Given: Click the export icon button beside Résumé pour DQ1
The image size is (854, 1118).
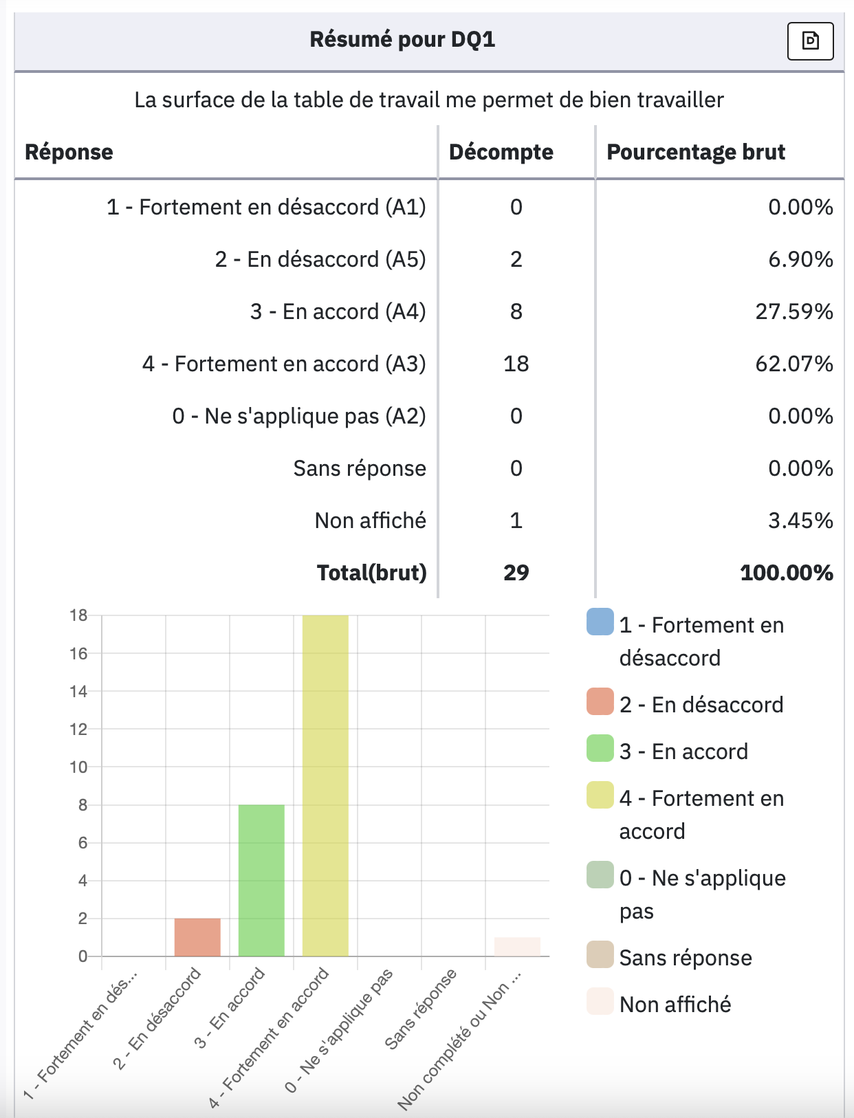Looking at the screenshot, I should coord(810,41).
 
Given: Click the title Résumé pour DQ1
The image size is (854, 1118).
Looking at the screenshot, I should coord(402,39).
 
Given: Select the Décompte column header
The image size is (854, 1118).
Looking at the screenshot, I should coord(501,152).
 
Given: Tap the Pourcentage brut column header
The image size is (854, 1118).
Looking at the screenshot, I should coord(695,152).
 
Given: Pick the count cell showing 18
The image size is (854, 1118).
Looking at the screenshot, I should coord(516,364).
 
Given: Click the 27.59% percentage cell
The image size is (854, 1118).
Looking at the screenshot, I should coord(794,311).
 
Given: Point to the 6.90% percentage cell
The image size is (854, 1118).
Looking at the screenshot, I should coord(800,259).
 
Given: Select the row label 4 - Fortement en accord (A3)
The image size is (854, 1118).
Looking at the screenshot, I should coord(283,364).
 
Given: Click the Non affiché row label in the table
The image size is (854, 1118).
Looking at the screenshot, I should coord(370,520).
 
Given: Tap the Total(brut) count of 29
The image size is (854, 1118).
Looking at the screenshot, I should coord(516,573).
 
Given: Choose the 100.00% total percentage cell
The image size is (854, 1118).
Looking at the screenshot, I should coord(786,573).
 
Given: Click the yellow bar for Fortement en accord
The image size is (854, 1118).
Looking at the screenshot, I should coord(325,785).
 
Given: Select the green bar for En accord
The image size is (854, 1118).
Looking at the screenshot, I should coord(261,880).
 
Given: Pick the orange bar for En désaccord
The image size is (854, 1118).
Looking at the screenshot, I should coord(197,937).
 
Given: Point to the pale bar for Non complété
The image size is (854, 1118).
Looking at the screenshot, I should coord(517,947).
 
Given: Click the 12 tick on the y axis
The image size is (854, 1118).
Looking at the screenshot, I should coord(79,730).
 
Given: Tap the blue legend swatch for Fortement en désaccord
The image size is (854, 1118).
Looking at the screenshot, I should coord(600,622).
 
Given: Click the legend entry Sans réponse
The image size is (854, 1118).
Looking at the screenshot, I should coord(685,958).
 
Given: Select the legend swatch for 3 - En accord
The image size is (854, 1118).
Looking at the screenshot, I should coord(600,748).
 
